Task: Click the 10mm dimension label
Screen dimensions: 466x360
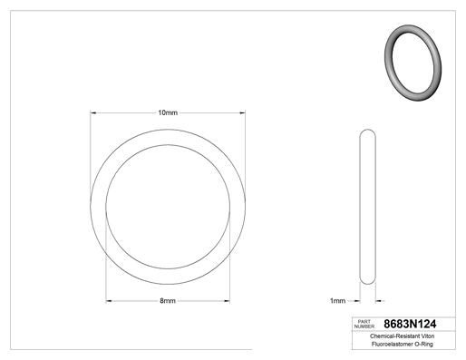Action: [x=168, y=112]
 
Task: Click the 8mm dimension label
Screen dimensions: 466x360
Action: [x=168, y=301]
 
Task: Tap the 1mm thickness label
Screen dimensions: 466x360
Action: [x=337, y=301]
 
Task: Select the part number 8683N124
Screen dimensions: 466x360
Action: [x=410, y=324]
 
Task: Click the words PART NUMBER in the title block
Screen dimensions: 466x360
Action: [x=364, y=324]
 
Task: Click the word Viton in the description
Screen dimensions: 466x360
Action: [x=428, y=336]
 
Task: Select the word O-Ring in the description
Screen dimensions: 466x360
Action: [x=424, y=344]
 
